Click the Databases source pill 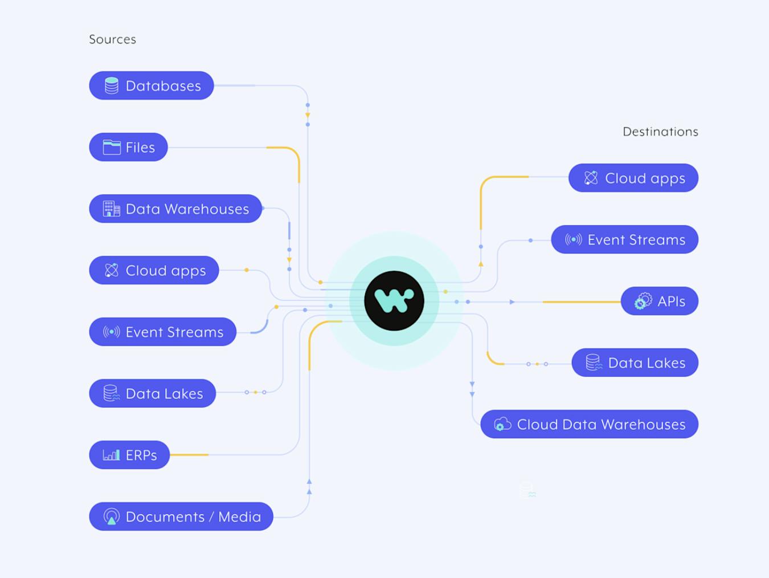(x=152, y=86)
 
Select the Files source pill (x=129, y=147)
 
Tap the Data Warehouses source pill (x=175, y=209)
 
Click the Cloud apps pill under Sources (x=154, y=270)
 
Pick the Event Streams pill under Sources (x=163, y=332)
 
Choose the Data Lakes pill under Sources (x=153, y=393)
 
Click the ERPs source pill (x=130, y=455)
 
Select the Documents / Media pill (x=181, y=516)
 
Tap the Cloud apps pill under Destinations (x=633, y=178)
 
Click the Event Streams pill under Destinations (x=625, y=239)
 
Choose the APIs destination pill (x=660, y=301)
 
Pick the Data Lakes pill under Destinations (x=635, y=363)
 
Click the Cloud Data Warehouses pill (x=590, y=424)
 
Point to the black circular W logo (x=394, y=300)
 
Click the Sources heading (x=112, y=39)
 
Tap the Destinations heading (x=660, y=132)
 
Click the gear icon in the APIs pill (x=643, y=301)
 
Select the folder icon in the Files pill (x=112, y=147)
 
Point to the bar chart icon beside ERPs (x=112, y=455)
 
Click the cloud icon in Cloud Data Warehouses (x=502, y=424)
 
